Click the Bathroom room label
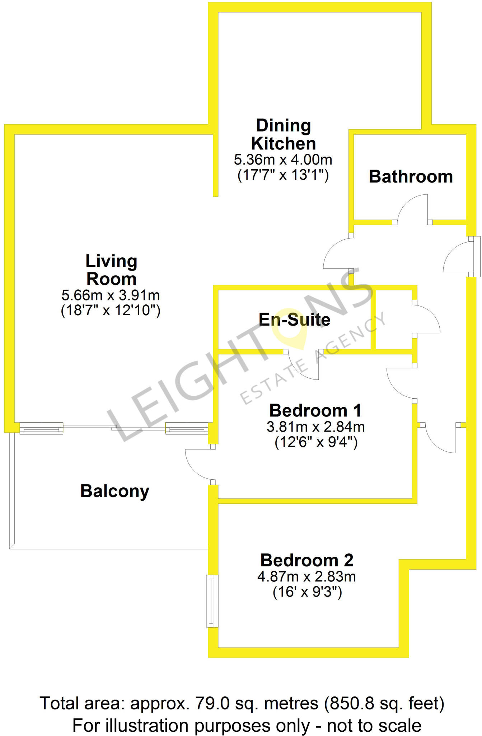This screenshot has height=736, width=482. (411, 176)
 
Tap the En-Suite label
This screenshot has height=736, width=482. (294, 319)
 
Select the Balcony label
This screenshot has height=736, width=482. (114, 491)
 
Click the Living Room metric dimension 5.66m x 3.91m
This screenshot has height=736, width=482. (111, 295)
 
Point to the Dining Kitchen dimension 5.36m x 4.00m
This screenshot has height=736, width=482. (283, 159)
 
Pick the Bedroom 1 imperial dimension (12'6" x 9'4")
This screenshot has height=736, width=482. (316, 442)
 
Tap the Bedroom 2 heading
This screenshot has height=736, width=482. (306, 560)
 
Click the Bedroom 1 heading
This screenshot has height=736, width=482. (315, 410)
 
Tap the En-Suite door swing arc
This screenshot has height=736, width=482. (301, 367)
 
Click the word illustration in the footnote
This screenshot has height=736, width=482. (146, 725)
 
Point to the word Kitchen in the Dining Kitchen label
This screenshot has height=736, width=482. (283, 143)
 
